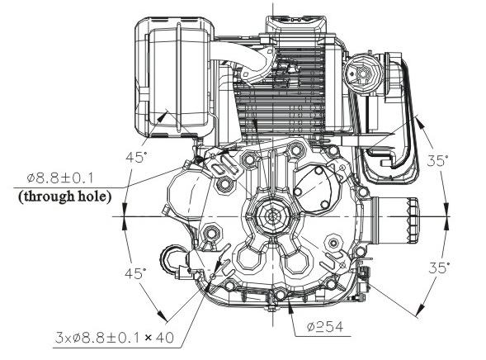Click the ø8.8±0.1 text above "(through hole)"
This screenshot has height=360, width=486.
click(x=60, y=178)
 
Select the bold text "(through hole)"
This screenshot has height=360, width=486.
click(x=65, y=197)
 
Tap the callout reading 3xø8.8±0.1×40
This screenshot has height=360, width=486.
click(x=115, y=338)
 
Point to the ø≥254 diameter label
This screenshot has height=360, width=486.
click(x=325, y=327)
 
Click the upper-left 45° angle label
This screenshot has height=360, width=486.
click(x=135, y=157)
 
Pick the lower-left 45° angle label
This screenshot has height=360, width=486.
click(x=135, y=274)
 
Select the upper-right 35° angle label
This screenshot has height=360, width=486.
click(x=437, y=161)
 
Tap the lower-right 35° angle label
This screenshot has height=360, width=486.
click(x=439, y=268)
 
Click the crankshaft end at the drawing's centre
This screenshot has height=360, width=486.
click(x=273, y=216)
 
